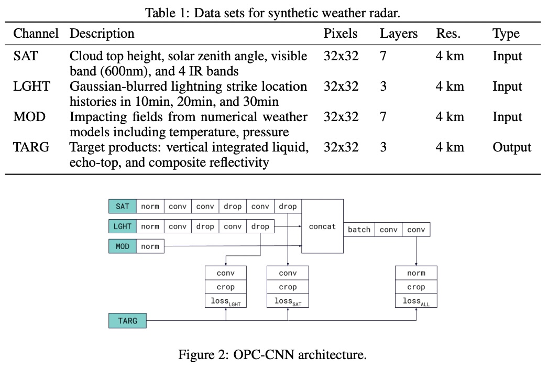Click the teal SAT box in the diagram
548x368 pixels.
pos(122,207)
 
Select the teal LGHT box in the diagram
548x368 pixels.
pos(122,226)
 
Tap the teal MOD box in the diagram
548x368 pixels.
pos(122,246)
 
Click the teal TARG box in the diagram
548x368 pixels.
pos(127,320)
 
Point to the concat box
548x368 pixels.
pos(322,226)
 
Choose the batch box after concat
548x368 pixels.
pos(359,230)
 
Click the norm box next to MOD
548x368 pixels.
pos(150,246)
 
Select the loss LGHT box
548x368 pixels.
pos(225,301)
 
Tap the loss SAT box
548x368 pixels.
pos(288,301)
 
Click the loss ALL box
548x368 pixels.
pos(416,301)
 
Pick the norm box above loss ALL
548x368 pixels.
pos(416,273)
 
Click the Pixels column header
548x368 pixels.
pos(341,34)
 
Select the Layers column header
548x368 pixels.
pos(399,34)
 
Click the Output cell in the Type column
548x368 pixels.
pos(511,148)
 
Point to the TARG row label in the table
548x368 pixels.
pos(31,148)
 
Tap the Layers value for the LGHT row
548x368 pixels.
pos(383,86)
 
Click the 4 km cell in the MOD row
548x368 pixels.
pos(450,117)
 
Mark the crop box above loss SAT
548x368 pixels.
pos(288,287)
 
